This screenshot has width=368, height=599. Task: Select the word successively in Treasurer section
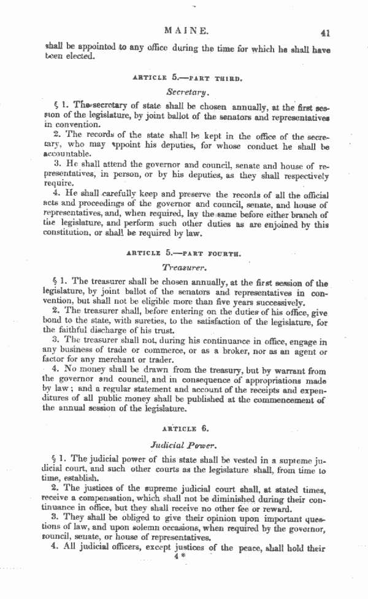[277, 303]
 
